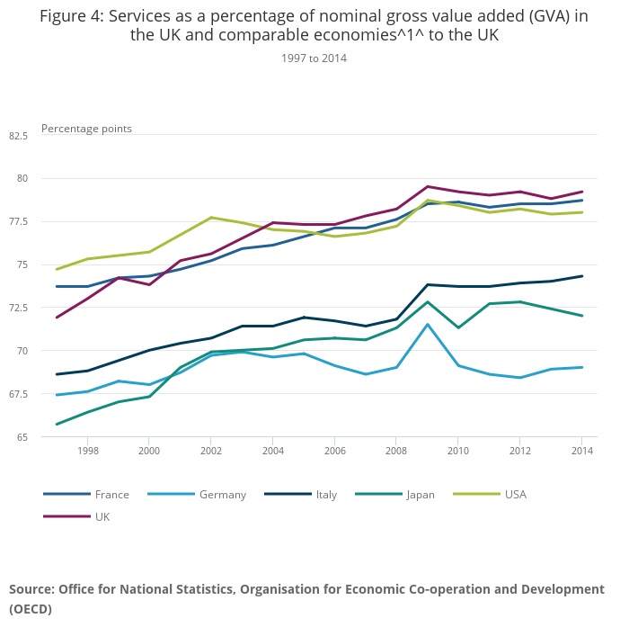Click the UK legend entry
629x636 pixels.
pos(102,516)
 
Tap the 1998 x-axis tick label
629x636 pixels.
pos(88,451)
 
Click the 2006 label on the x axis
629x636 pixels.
pos(335,451)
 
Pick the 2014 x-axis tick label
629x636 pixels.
pos(582,451)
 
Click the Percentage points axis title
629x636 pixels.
pos(86,129)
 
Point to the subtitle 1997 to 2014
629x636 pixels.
pos(314,58)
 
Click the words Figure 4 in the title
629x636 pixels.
pos(71,16)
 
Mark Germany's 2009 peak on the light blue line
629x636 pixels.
pos(428,324)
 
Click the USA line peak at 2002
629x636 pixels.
pos(211,217)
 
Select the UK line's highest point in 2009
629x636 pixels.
pos(428,186)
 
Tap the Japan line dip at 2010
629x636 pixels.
pos(458,327)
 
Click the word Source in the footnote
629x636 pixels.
pos(31,589)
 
